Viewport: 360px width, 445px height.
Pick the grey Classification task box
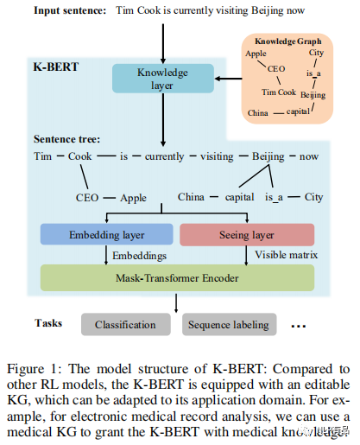coord(125,325)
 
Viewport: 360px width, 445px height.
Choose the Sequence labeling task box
coord(228,325)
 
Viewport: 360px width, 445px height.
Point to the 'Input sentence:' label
coord(68,10)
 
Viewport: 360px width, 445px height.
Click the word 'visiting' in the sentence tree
coord(218,156)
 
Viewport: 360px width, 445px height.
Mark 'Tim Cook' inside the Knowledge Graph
coord(278,92)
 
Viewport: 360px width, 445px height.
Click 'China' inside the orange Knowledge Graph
coord(258,112)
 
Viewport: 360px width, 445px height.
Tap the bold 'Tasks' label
coord(48,322)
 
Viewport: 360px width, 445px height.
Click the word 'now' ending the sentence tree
coord(309,156)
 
